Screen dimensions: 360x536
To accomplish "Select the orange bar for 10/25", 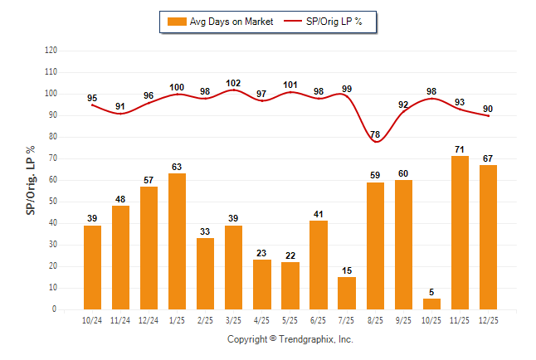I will pos(432,304).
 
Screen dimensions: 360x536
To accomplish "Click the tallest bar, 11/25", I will pos(460,232).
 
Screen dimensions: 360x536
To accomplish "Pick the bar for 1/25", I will pos(178,241).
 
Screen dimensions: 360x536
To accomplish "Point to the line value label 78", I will pos(376,134).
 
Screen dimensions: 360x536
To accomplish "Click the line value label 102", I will pos(234,83).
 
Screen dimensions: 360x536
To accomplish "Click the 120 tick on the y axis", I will pos(51,51).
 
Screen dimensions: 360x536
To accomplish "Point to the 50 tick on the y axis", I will pos(52,202).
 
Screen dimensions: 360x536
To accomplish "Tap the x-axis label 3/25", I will pos(234,319).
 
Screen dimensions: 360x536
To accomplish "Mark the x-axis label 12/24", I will pos(149,319).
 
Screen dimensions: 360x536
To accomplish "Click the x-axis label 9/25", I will pos(404,319).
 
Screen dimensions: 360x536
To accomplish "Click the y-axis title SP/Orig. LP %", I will pos(31,179).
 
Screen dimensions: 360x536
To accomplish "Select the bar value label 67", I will pos(489,158).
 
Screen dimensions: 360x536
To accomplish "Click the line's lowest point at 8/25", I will pos(376,142).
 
